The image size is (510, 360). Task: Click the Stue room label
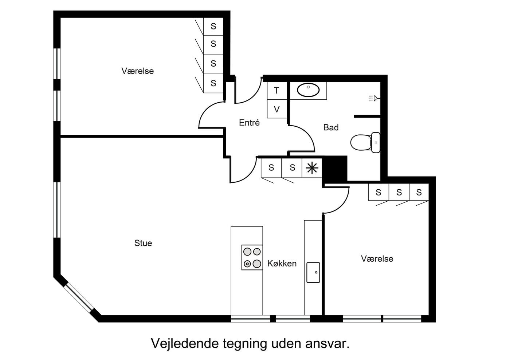click(x=143, y=243)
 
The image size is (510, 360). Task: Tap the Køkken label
click(x=282, y=263)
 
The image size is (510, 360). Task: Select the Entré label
click(x=249, y=123)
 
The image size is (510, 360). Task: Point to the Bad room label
click(x=331, y=127)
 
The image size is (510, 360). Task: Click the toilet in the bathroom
click(x=365, y=142)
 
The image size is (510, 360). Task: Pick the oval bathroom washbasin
click(x=308, y=90)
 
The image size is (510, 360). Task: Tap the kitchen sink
click(x=313, y=273)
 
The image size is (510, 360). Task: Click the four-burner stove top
click(x=252, y=258)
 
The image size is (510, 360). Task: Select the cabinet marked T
click(x=277, y=91)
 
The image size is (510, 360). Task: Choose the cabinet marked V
click(x=277, y=109)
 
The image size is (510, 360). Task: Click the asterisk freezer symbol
click(x=312, y=168)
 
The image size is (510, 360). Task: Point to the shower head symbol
click(x=374, y=98)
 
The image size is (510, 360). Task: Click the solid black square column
click(x=334, y=169)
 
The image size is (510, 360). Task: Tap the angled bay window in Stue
click(x=79, y=298)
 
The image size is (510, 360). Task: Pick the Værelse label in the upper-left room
click(x=138, y=71)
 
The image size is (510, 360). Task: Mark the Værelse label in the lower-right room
click(x=377, y=258)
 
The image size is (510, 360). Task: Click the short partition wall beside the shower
click(x=367, y=116)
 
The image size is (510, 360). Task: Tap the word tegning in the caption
click(x=245, y=344)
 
